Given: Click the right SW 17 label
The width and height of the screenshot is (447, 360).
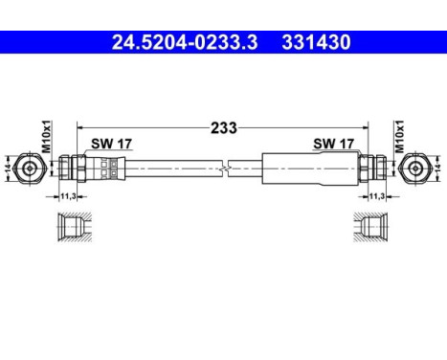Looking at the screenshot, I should pos(332,145).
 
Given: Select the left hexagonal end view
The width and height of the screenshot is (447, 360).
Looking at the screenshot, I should pos(31,167).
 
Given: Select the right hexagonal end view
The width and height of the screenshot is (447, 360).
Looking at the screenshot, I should pos(415,167).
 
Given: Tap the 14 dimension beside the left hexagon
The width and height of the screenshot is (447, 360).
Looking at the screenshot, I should pos(9,167).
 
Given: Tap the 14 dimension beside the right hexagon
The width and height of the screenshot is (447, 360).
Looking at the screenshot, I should pos(437,167).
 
